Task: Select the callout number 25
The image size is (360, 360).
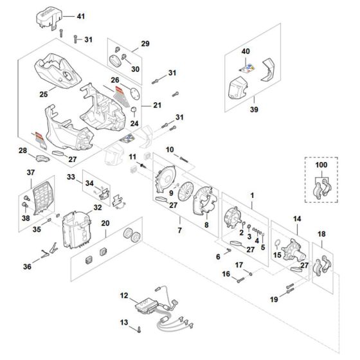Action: pyautogui.click(x=44, y=94)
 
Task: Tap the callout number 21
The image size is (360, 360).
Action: pyautogui.click(x=157, y=104)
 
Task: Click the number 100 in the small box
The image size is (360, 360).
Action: pyautogui.click(x=321, y=166)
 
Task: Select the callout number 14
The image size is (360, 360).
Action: pyautogui.click(x=297, y=219)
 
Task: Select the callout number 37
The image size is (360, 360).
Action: pyautogui.click(x=30, y=172)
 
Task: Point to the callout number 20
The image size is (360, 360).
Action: pyautogui.click(x=105, y=222)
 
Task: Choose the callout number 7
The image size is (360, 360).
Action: pyautogui.click(x=181, y=230)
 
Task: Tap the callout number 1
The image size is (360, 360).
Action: pyautogui.click(x=252, y=194)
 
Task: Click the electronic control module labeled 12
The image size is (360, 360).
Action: pyautogui.click(x=148, y=307)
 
